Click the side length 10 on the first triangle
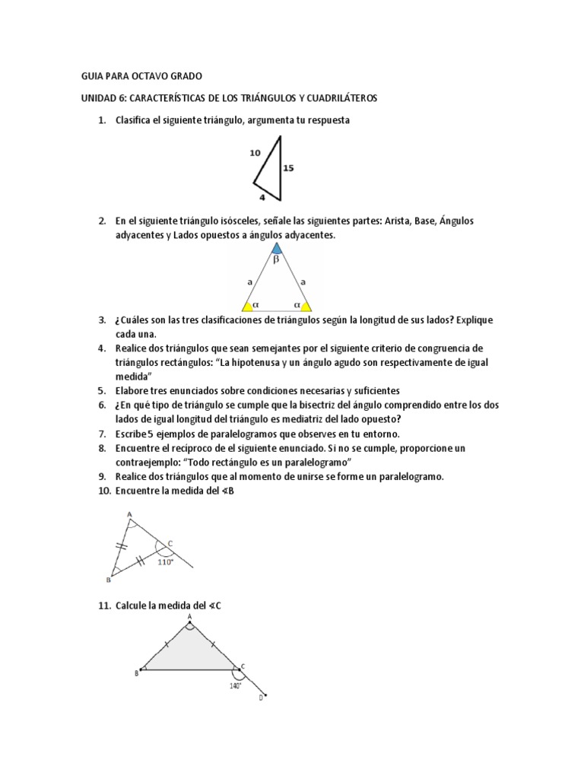click(x=255, y=153)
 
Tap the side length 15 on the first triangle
click(x=288, y=168)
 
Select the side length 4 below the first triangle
click(x=262, y=197)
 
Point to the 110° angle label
click(x=166, y=563)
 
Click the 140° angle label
click(x=236, y=685)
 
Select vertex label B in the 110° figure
click(x=108, y=580)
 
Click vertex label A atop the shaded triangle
click(x=189, y=617)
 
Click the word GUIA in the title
click(x=93, y=77)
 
